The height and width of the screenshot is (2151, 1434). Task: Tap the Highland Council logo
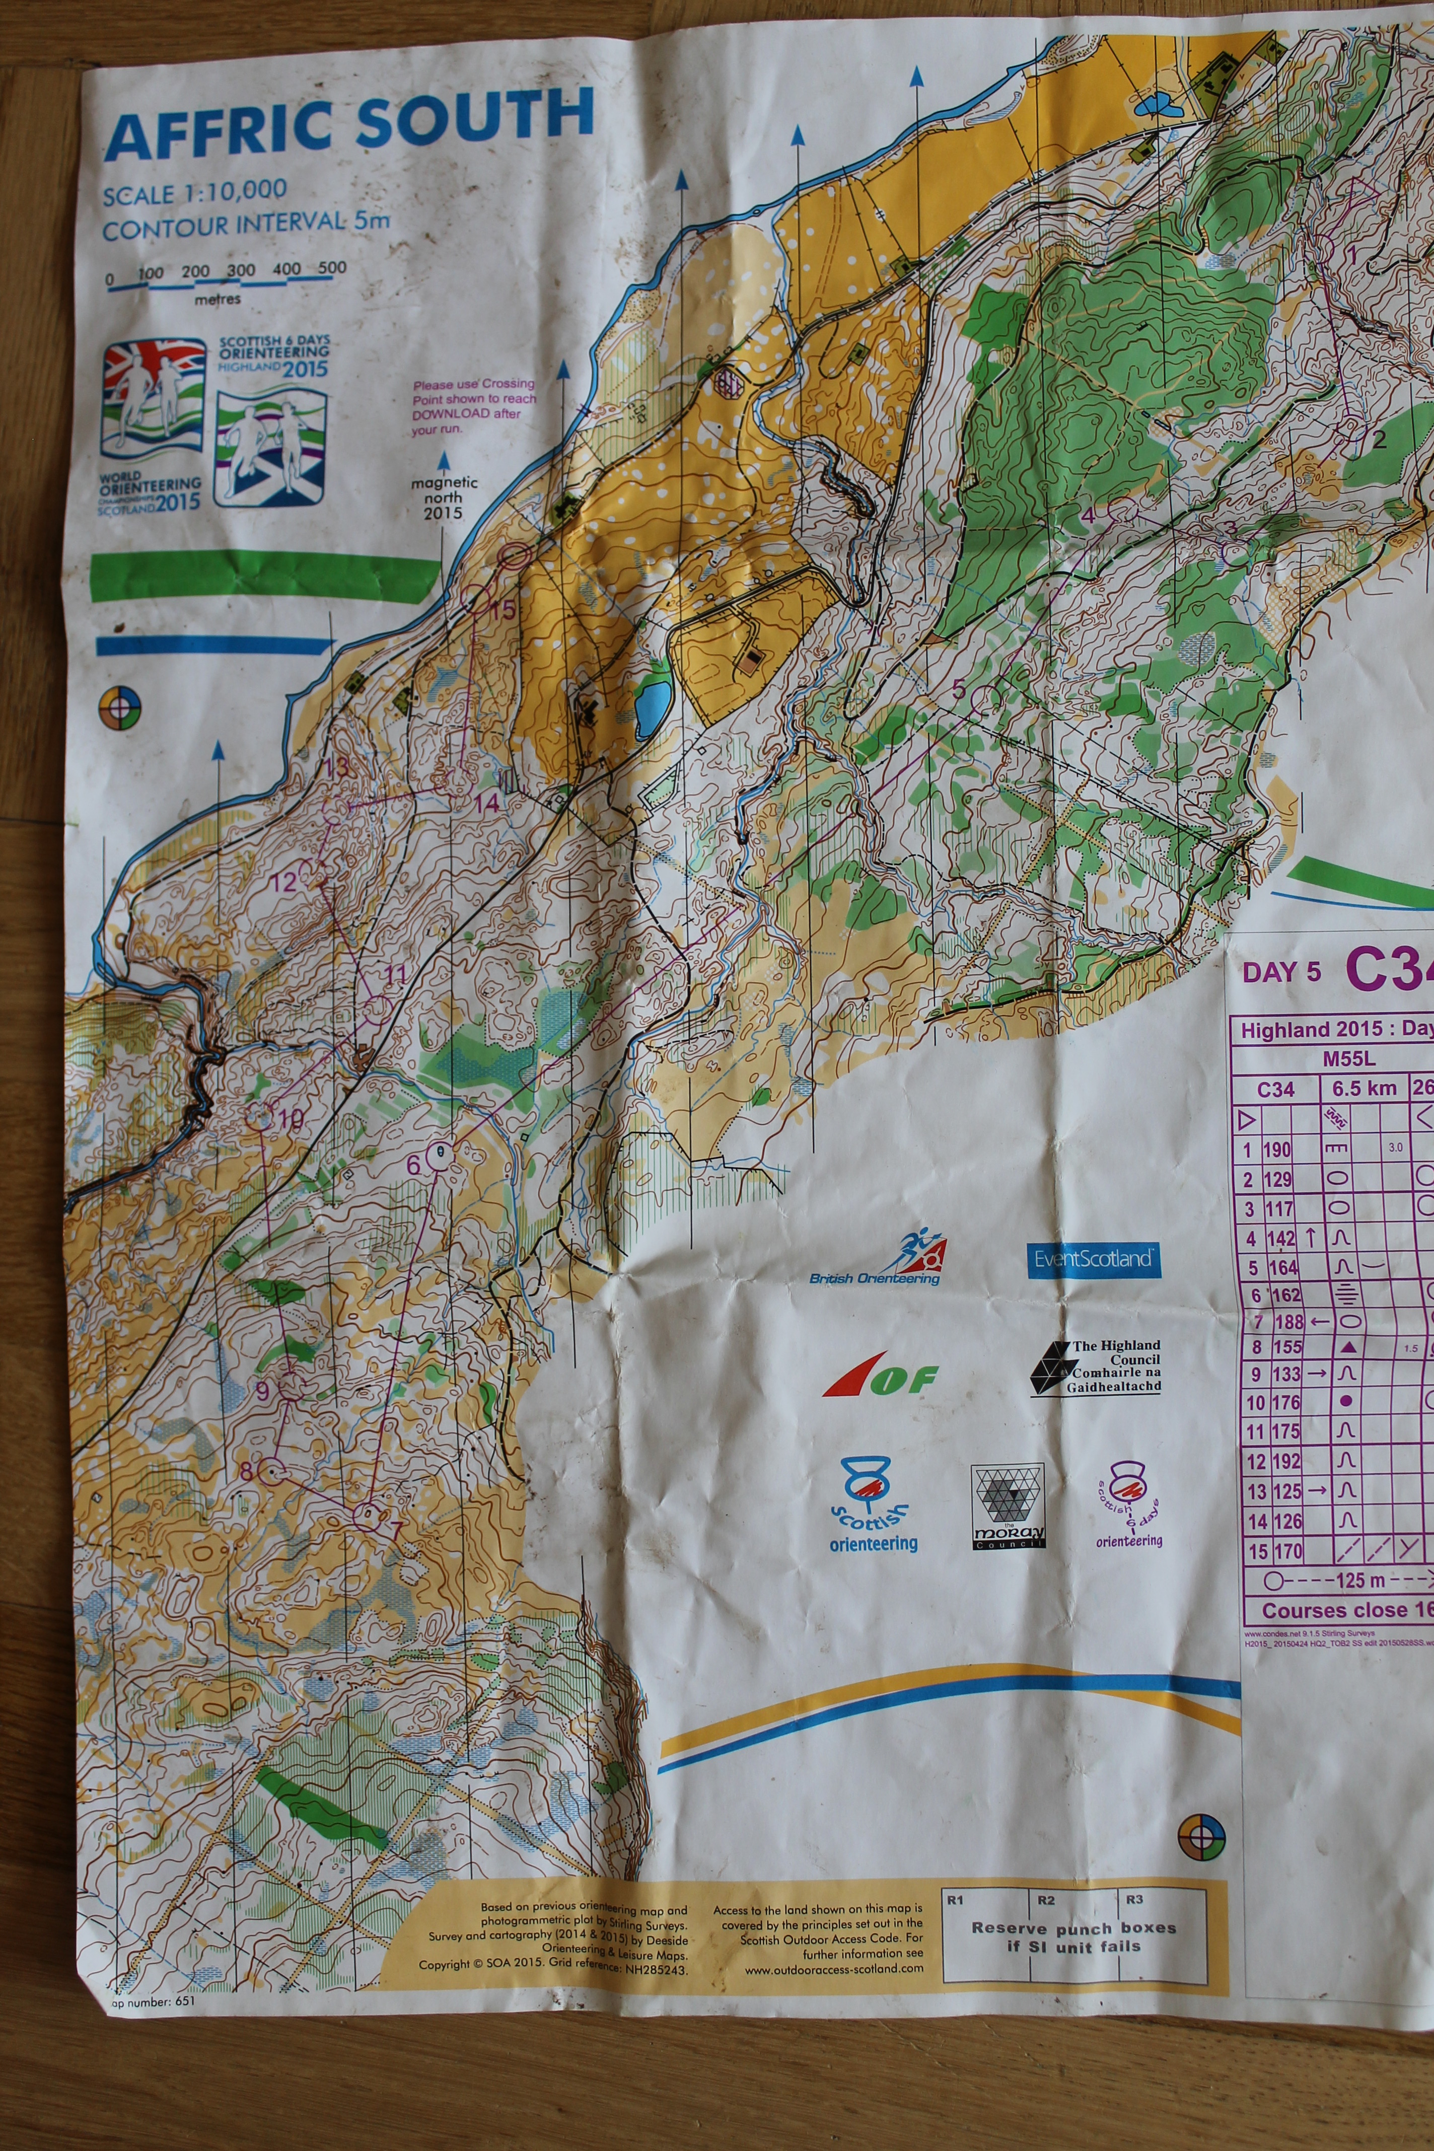[x=1096, y=1367]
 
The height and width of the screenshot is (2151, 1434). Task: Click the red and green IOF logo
[x=880, y=1377]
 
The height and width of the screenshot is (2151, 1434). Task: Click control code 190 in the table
[x=1277, y=1150]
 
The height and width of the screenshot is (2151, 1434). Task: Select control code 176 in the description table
[x=1285, y=1402]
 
